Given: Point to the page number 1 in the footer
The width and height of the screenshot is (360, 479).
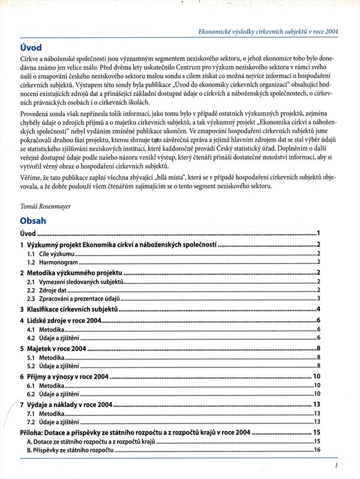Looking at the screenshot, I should [x=337, y=464].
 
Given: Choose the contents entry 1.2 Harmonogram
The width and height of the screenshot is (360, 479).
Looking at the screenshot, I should [x=53, y=262].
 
